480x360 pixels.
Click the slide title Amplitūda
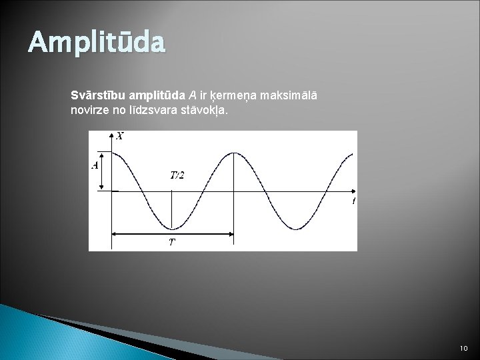[97, 42]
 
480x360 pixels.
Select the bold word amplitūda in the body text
[157, 96]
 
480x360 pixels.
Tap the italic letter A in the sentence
[193, 95]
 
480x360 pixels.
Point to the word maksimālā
[289, 95]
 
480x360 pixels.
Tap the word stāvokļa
[204, 110]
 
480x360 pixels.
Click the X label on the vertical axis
[120, 136]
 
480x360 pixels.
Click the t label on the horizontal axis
[353, 201]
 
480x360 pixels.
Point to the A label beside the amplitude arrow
[95, 165]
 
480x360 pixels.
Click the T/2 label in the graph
[177, 175]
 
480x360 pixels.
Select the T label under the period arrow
[173, 242]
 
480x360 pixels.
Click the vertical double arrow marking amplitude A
[102, 171]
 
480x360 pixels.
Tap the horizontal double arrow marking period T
[173, 234]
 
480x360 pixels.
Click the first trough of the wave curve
[172, 229]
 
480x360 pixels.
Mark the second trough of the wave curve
[296, 229]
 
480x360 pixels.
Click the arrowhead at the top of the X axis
[111, 135]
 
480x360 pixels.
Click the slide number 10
[464, 348]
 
